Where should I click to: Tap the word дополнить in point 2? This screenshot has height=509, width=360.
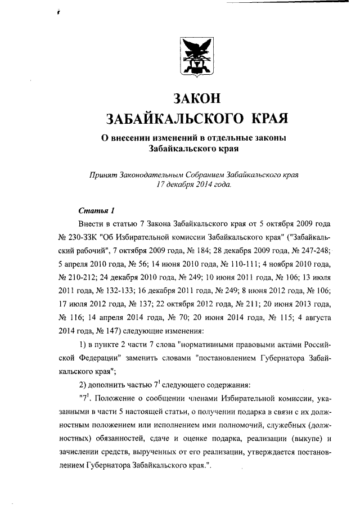point(106,385)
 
